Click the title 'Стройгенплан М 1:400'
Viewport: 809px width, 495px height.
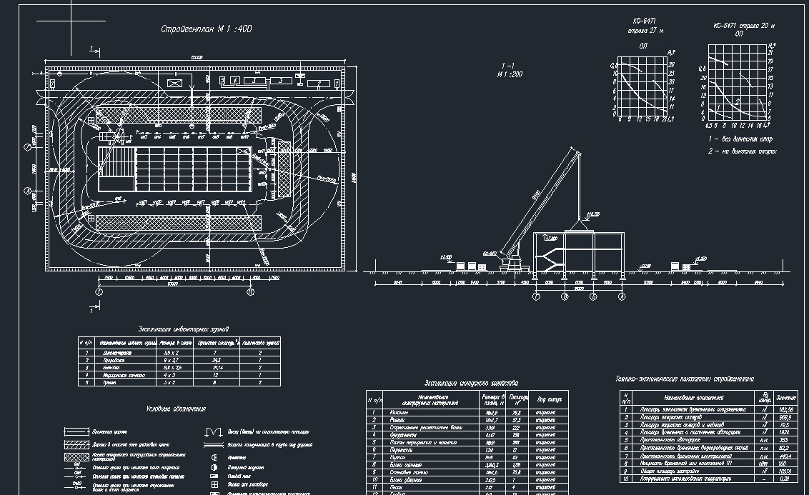coord(206,29)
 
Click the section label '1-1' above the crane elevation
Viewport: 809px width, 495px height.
coord(509,65)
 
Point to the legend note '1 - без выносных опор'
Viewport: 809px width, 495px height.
coord(740,139)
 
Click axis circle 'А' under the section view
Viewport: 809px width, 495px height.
coord(622,296)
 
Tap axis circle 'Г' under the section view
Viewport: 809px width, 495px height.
coord(537,296)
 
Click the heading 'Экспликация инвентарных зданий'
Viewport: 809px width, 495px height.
coord(183,329)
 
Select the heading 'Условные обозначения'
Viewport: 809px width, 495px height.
coord(176,409)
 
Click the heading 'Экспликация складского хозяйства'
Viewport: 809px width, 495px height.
coord(471,384)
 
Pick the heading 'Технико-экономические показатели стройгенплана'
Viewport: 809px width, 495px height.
coord(684,379)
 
